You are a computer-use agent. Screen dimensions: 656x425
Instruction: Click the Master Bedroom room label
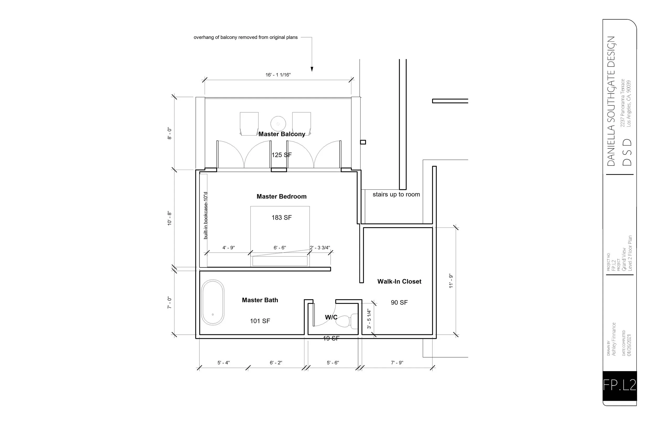[x=281, y=196]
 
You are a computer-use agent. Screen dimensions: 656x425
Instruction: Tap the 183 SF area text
[x=281, y=218]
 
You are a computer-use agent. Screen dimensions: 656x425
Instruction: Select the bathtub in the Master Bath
[x=213, y=303]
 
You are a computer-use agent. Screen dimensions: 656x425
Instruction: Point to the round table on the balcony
[x=278, y=124]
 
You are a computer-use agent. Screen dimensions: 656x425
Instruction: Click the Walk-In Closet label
[x=399, y=282]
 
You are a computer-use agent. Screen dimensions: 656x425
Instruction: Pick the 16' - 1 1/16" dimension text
[x=278, y=75]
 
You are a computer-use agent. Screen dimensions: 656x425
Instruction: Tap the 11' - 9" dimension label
[x=451, y=281]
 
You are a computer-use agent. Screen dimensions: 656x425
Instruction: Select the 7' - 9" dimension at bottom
[x=397, y=363]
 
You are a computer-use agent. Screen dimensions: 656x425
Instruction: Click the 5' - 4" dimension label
[x=224, y=363]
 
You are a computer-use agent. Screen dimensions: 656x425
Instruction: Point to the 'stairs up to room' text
[x=396, y=194]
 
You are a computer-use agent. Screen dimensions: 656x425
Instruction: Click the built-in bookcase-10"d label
[x=205, y=215]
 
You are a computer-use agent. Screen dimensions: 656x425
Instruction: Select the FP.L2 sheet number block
[x=620, y=385]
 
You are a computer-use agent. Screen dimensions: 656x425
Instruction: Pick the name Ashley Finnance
[x=614, y=339]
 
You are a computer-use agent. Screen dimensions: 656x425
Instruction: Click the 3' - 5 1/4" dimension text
[x=369, y=319]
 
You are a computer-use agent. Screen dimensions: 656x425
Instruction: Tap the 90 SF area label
[x=399, y=303]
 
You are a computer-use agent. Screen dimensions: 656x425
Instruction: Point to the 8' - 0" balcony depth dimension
[x=170, y=133]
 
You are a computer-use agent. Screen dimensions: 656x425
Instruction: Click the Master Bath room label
[x=260, y=300]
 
